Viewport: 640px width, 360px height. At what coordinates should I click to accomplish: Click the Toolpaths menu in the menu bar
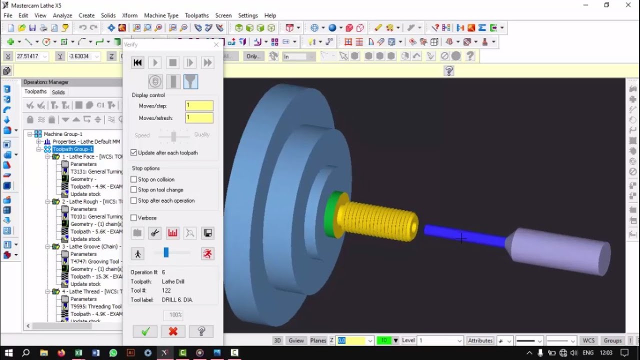(x=196, y=15)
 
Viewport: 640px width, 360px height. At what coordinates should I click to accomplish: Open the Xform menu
(x=129, y=15)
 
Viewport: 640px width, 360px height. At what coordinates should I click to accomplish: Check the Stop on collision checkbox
(x=134, y=179)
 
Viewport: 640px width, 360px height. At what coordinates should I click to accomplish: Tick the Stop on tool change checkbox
(x=134, y=190)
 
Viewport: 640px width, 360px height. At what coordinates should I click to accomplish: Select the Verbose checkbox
(x=134, y=218)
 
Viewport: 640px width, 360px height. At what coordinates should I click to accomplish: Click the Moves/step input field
(x=199, y=106)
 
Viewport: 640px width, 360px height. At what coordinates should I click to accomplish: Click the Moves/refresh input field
(x=199, y=118)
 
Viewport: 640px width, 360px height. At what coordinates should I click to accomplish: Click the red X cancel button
(x=173, y=331)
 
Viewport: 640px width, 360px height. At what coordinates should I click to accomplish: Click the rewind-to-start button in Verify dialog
(x=137, y=62)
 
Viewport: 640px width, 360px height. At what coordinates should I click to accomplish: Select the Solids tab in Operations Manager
(x=58, y=92)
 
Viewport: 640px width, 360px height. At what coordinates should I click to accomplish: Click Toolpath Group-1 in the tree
(x=73, y=149)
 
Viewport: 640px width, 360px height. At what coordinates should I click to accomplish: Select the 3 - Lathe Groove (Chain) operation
(x=90, y=246)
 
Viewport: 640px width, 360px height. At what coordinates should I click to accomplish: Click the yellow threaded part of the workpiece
(x=377, y=220)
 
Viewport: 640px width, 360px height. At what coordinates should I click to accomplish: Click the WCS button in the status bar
(x=588, y=340)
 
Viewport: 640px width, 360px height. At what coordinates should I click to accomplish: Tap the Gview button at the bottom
(x=296, y=340)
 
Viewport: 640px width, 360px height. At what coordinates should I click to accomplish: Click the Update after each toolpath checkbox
(x=134, y=153)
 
